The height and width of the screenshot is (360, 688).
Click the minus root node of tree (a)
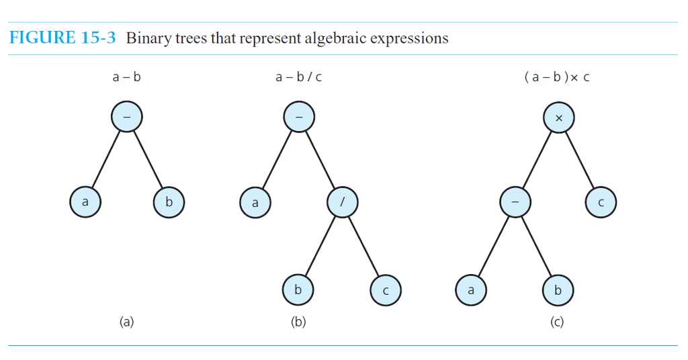[x=127, y=118]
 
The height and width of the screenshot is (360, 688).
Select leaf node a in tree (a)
[x=85, y=201]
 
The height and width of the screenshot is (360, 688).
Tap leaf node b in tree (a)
[x=169, y=201]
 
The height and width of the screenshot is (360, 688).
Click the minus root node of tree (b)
[x=299, y=118]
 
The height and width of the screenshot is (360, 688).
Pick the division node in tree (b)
[x=343, y=201]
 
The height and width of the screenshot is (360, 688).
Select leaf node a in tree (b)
[x=255, y=202]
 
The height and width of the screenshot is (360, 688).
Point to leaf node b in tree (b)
[x=298, y=290]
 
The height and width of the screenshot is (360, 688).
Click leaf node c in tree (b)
[x=386, y=290]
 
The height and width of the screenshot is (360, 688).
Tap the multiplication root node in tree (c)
[x=559, y=118]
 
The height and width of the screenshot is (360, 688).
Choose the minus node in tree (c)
[x=515, y=201]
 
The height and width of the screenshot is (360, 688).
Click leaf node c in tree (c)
[x=601, y=201]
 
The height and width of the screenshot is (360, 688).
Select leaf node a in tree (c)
[x=471, y=290]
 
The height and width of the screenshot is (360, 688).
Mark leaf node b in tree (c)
[x=558, y=290]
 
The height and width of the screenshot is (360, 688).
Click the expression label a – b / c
[x=298, y=77]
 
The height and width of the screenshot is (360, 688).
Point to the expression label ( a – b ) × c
[x=556, y=77]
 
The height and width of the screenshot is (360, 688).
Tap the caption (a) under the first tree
[x=126, y=322]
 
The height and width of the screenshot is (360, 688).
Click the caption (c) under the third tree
[x=557, y=322]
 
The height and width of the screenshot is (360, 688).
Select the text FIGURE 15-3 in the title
[x=62, y=38]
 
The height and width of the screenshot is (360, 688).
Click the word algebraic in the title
[x=333, y=38]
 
